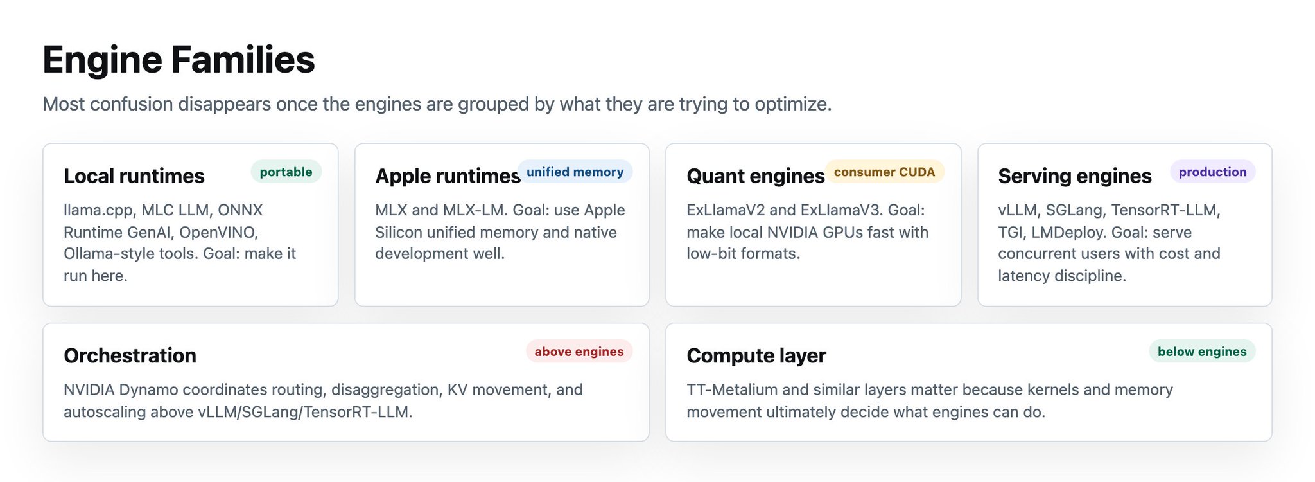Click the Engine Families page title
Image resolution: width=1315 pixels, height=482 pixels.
click(179, 60)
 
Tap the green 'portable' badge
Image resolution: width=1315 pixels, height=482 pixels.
click(286, 172)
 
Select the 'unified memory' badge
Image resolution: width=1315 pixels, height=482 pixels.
click(575, 172)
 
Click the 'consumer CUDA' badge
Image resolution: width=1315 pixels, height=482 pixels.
click(884, 172)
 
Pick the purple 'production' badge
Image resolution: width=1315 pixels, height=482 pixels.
click(1212, 172)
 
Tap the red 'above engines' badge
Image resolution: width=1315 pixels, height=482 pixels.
click(579, 352)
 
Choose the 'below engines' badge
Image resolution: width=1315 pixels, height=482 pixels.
click(1202, 352)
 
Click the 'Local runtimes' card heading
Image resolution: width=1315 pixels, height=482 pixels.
click(134, 176)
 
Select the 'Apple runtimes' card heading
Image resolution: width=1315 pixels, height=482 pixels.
click(448, 176)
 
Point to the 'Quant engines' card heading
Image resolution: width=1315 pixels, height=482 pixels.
click(756, 176)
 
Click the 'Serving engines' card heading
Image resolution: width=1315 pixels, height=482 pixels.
click(1075, 176)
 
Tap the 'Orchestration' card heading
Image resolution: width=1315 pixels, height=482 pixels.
click(130, 355)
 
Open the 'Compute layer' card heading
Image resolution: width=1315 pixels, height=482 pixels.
click(756, 356)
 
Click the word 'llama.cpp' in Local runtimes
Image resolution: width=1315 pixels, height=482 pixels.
click(98, 211)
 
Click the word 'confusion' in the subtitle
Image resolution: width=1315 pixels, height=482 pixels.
click(132, 104)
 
